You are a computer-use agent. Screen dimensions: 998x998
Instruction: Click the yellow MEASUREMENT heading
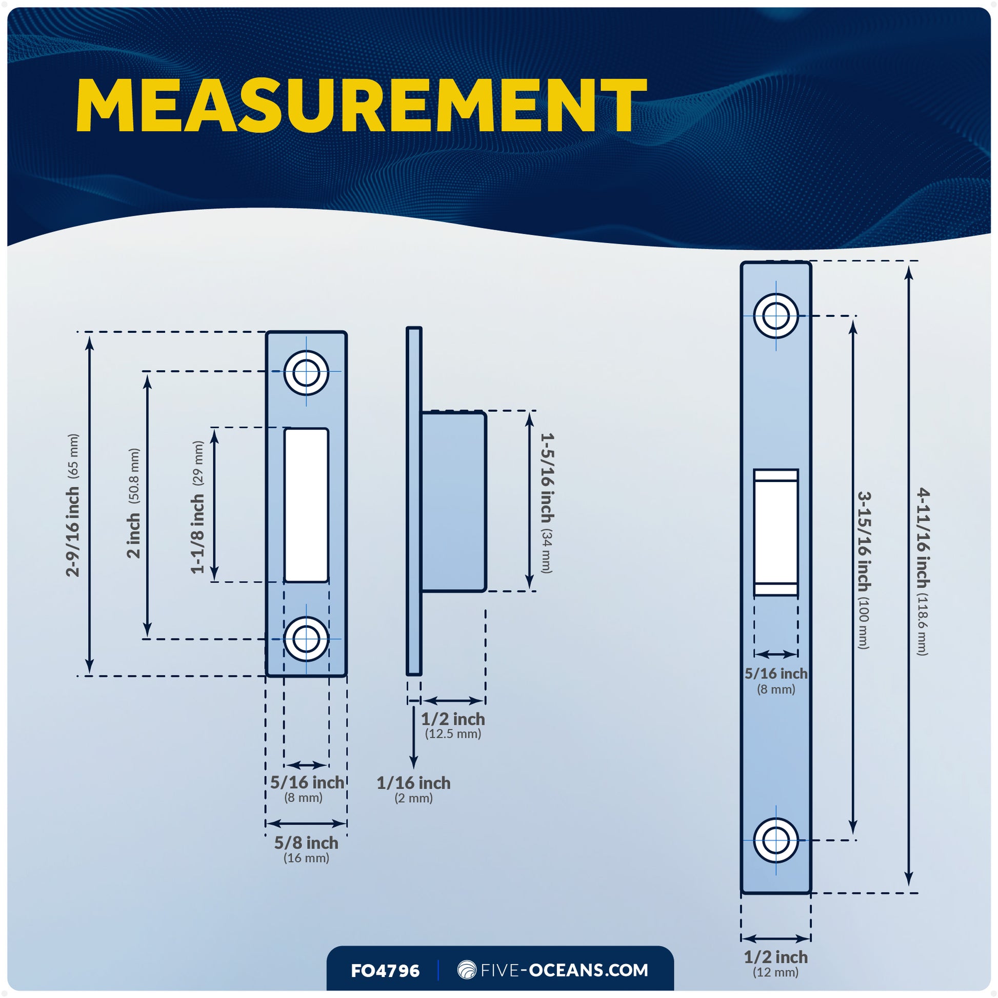tap(361, 106)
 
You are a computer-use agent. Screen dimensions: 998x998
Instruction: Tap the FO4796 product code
tap(385, 971)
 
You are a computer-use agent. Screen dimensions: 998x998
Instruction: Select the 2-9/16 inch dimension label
tap(73, 532)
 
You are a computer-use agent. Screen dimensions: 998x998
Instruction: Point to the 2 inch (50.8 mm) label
tap(133, 535)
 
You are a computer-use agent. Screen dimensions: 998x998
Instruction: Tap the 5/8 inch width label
tap(306, 843)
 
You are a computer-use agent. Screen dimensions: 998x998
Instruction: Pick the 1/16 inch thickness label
tap(413, 783)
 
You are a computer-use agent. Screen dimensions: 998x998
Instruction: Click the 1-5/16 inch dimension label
tap(547, 478)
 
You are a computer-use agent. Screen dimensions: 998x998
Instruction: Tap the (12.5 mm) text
tap(453, 733)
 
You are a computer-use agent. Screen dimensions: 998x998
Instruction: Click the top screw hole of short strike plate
tap(306, 372)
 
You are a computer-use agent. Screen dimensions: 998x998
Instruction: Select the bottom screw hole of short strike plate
tap(306, 639)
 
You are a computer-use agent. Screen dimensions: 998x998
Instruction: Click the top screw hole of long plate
tap(776, 315)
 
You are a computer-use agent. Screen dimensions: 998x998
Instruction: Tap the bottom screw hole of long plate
tap(776, 841)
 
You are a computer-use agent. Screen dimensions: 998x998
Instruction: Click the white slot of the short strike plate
tap(306, 505)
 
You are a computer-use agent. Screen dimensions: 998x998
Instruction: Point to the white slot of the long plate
tap(776, 532)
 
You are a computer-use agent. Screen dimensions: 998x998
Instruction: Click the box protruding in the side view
tap(453, 501)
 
